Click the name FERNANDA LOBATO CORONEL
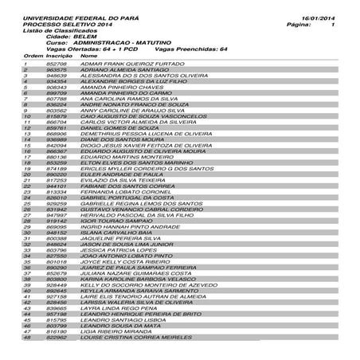120,192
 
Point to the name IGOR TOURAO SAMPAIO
112,219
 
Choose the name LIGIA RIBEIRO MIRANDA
117,331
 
